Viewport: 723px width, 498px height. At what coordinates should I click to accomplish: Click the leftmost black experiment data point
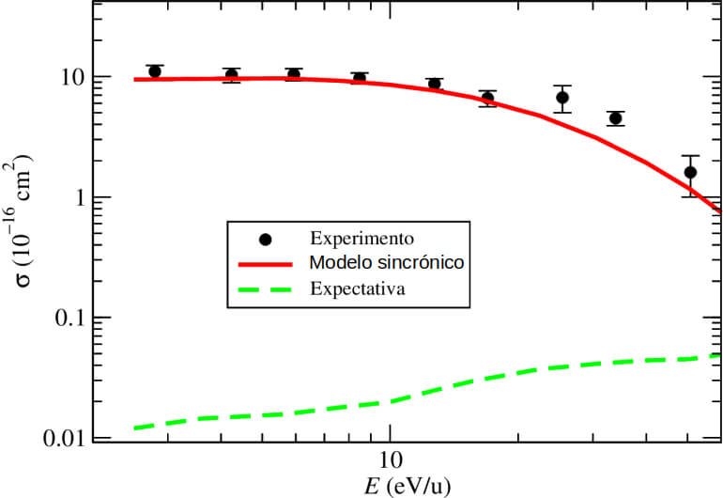(x=155, y=71)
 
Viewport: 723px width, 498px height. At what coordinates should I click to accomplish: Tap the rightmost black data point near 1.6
(x=690, y=172)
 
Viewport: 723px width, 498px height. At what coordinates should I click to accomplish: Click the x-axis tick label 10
(x=390, y=459)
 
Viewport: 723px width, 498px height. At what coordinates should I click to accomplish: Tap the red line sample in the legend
(x=268, y=262)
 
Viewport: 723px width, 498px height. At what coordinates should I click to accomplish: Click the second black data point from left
(x=232, y=75)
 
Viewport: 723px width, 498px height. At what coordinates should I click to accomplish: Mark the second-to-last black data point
(x=616, y=118)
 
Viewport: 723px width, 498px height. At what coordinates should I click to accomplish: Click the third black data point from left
(x=294, y=74)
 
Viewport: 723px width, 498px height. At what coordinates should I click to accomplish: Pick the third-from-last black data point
(x=562, y=98)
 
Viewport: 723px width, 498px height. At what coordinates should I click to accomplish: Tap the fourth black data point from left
(x=360, y=78)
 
